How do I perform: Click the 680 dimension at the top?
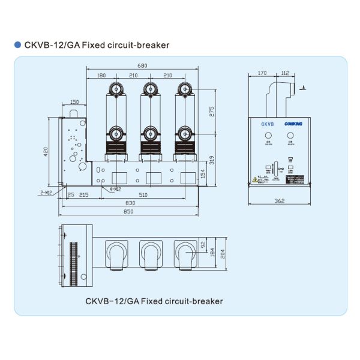tap(142, 65)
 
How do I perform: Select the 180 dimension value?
tap(101, 75)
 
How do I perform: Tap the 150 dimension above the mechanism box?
tap(74, 102)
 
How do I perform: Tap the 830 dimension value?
tap(131, 204)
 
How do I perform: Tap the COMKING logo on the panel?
tap(292, 124)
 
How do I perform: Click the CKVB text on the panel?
tap(267, 124)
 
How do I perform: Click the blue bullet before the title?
tap(17, 45)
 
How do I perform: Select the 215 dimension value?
tap(83, 194)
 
